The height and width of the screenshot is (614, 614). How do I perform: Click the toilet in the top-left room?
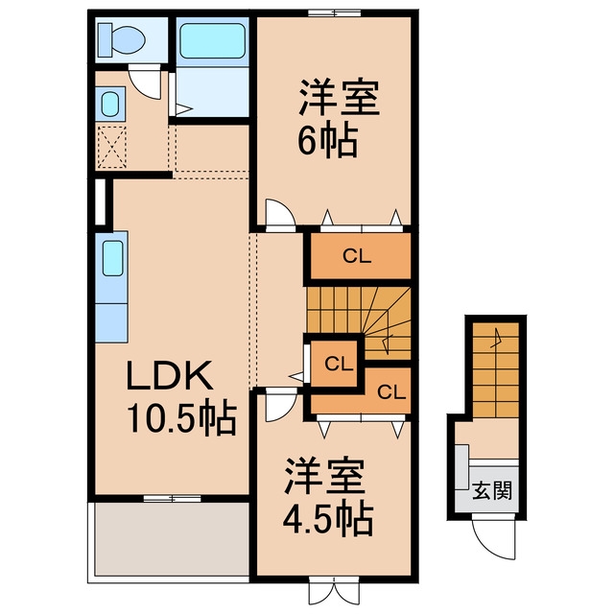pos(122,39)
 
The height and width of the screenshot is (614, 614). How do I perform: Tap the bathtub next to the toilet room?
pos(213,41)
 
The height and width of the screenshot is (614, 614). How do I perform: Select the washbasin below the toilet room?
pos(110,104)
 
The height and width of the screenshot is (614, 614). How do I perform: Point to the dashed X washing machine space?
pos(111,148)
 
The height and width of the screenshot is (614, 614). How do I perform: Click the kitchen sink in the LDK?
pos(113,258)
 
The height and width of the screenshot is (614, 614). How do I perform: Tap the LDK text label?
pos(170,375)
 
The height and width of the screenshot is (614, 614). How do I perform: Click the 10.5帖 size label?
pos(182,418)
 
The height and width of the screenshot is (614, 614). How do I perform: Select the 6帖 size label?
pos(328,141)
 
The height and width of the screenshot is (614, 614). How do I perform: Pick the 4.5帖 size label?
pos(328,520)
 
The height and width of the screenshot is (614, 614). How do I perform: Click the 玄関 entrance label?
pos(492,490)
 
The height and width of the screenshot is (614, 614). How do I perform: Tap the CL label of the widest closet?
pos(357,256)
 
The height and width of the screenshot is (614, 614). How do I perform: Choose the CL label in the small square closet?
pos(339,365)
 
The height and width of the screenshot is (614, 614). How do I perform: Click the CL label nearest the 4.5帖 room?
pos(391,392)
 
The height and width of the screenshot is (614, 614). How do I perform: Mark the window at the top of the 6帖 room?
pos(334,13)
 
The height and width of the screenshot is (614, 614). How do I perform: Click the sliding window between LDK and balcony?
pos(173,499)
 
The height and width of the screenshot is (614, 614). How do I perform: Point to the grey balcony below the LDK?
pos(172,539)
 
